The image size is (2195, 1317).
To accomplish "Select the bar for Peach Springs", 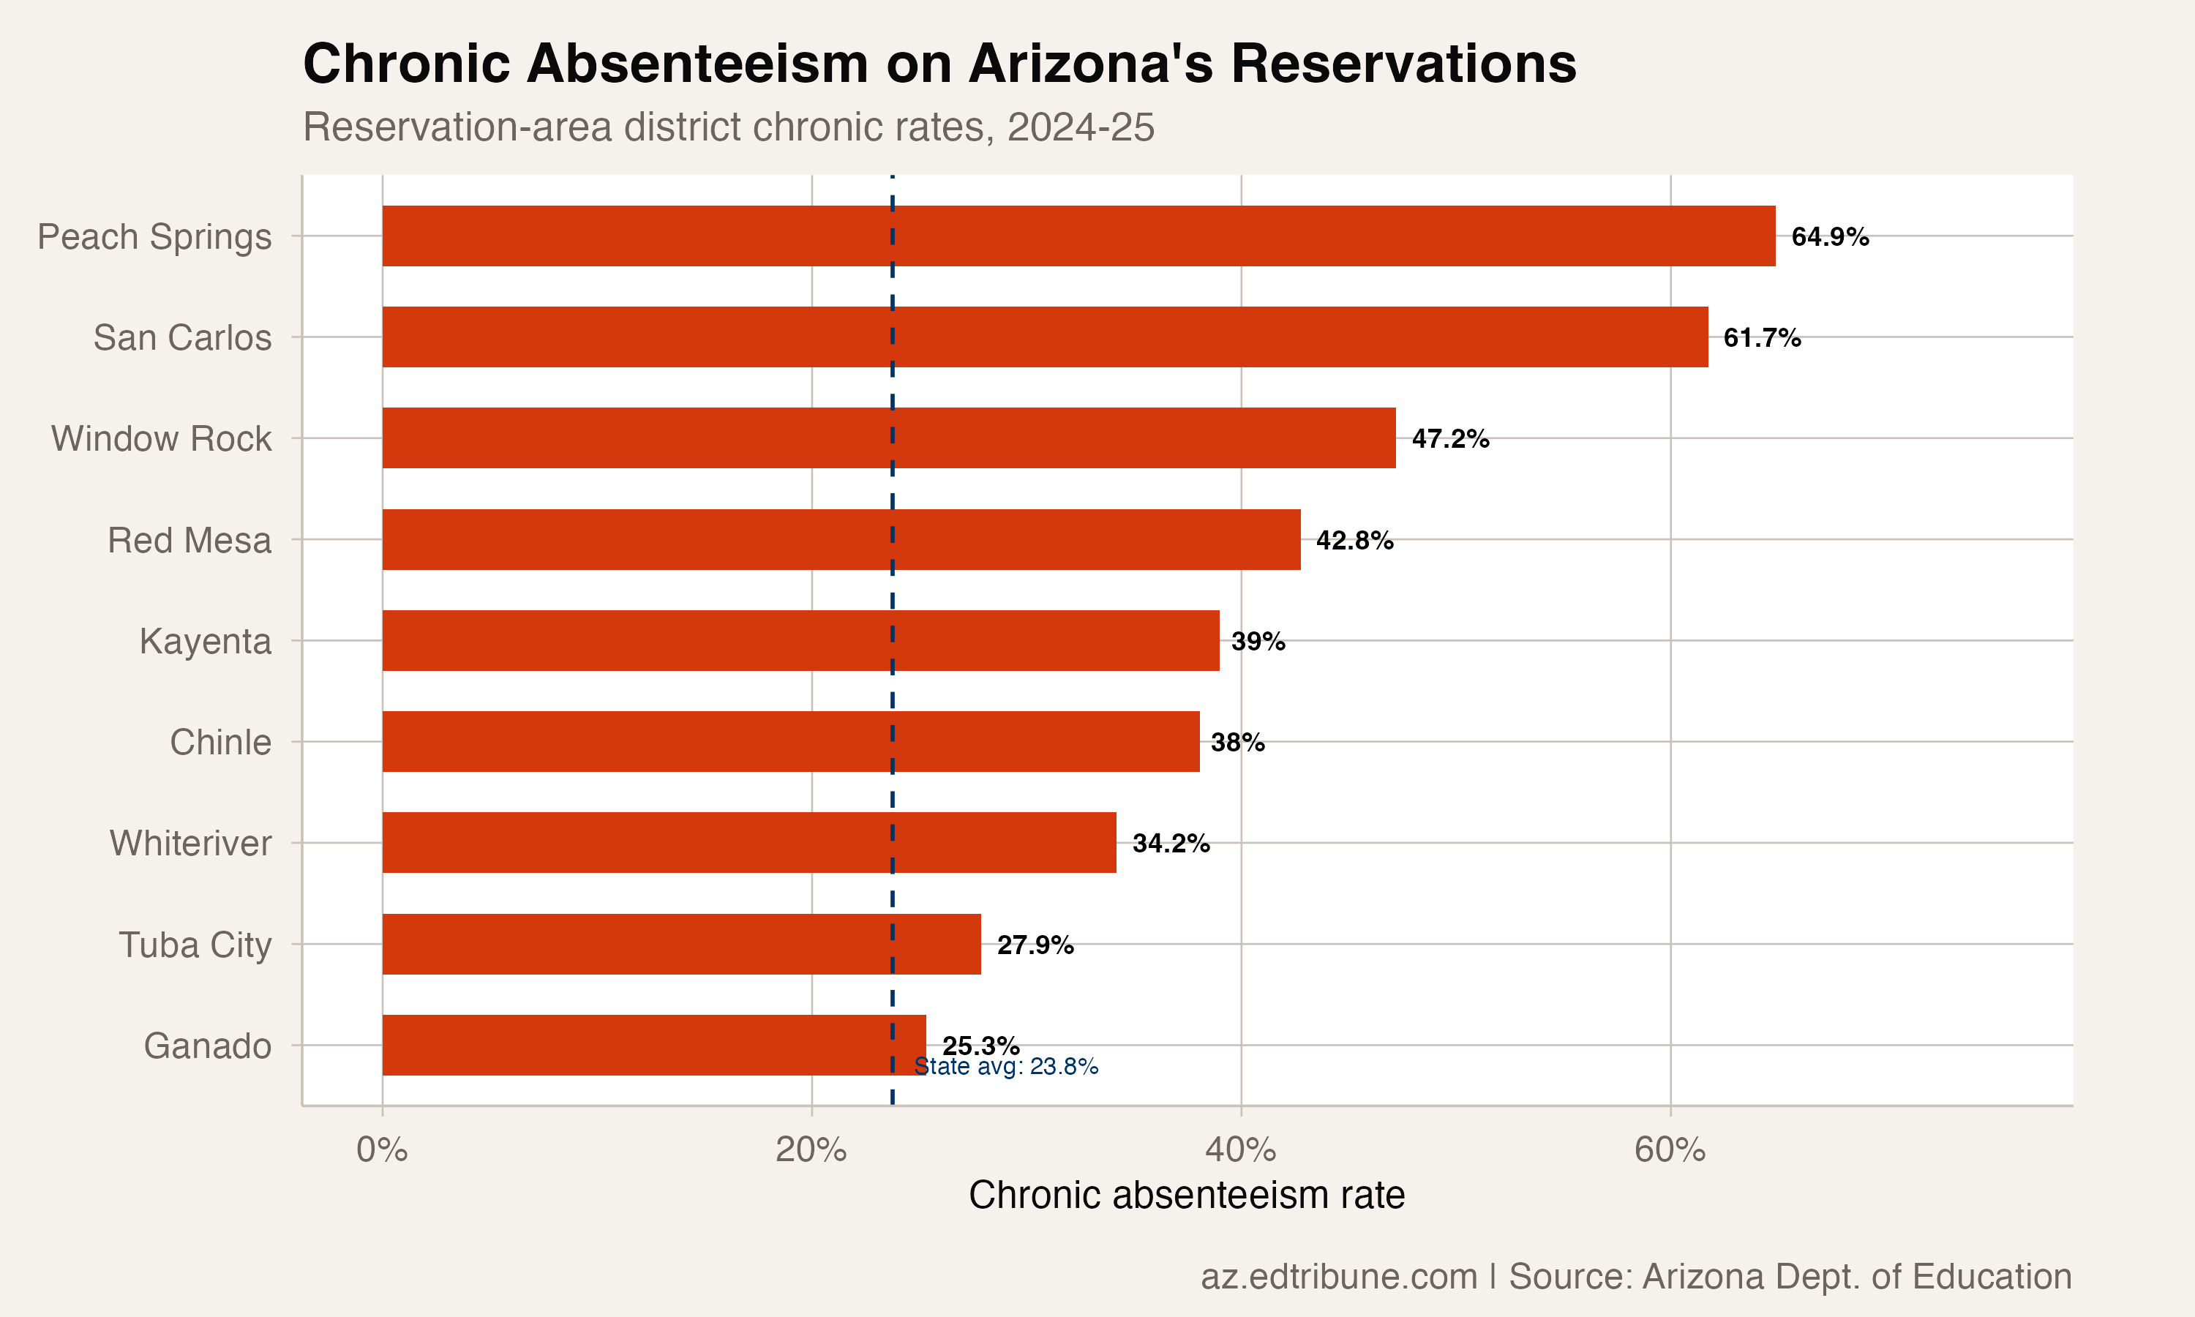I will point(1078,236).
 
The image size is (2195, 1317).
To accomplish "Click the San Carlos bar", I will point(1044,337).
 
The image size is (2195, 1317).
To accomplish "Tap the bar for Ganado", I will point(654,1046).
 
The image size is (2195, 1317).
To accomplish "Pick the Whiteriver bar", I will point(748,842).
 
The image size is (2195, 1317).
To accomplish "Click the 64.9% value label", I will point(1829,237).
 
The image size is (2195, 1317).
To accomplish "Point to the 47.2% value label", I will point(1449,438).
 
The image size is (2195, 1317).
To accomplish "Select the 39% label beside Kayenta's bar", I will point(1257,641).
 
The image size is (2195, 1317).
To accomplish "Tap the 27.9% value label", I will point(1035,945).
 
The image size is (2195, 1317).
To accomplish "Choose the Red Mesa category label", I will point(189,539).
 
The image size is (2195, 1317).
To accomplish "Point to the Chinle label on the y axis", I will point(220,742).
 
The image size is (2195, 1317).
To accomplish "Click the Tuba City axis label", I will point(195,945).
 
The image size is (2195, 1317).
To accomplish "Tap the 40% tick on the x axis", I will point(1239,1149).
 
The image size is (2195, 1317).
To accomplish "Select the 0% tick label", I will point(381,1149).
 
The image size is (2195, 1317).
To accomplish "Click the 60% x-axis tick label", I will point(1669,1149).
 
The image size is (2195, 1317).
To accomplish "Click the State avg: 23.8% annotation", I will point(1006,1066).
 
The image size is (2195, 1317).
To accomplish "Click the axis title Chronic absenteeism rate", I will point(1186,1195).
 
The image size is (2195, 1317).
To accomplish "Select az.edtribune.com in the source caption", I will point(1338,1276).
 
